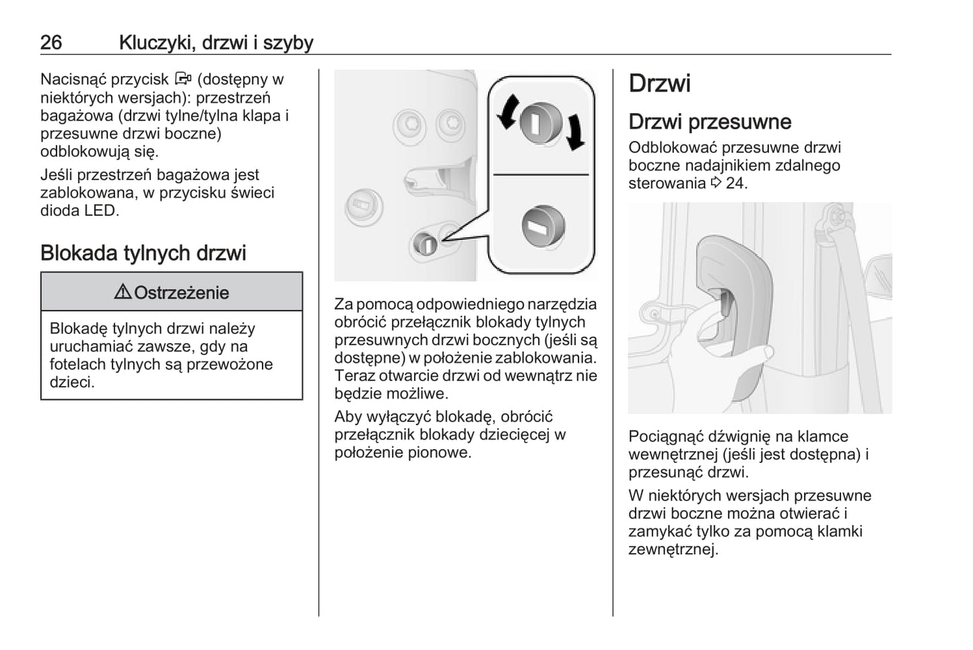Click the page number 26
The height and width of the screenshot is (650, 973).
51,42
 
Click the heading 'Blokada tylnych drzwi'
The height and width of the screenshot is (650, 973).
143,253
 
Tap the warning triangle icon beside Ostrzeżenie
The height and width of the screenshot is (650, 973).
123,292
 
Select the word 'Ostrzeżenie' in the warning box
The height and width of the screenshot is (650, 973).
181,293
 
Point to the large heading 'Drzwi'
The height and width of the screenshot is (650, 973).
659,84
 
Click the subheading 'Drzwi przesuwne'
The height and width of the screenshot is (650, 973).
710,122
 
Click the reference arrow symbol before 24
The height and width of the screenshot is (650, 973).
716,183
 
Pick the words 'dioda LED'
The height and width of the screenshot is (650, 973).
79,210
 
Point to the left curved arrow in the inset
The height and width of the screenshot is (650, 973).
508,111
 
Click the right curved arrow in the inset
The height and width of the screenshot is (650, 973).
574,132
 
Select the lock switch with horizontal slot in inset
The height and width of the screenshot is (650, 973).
542,226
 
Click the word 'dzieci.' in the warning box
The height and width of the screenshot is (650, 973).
72,383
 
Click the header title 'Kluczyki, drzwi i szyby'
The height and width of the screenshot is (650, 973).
216,42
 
